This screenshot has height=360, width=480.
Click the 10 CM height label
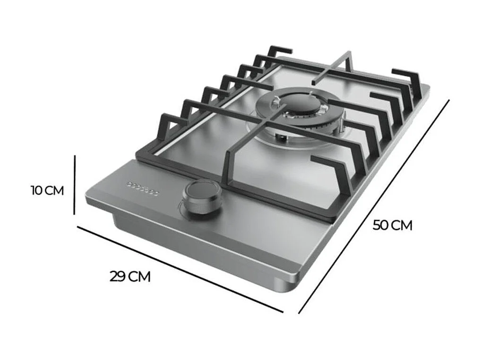(x=47, y=191)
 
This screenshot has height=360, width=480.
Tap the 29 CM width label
(x=130, y=276)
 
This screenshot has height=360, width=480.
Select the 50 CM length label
(x=392, y=225)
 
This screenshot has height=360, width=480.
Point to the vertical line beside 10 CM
(x=75, y=185)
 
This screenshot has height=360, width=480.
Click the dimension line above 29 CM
(x=180, y=270)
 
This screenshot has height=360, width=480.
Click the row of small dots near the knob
(x=142, y=188)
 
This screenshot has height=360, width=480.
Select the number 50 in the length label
(x=381, y=225)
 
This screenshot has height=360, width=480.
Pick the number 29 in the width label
(x=118, y=276)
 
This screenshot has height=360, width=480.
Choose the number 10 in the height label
(x=37, y=191)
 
